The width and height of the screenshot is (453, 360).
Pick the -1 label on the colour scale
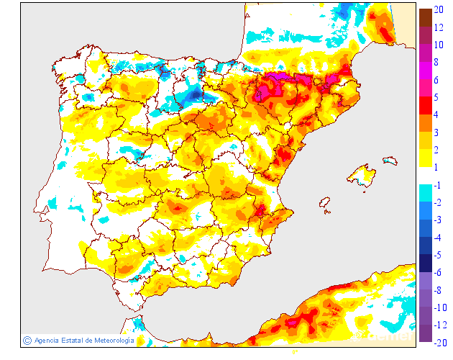click(438, 185)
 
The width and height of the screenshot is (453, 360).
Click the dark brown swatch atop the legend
click(425, 17)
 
